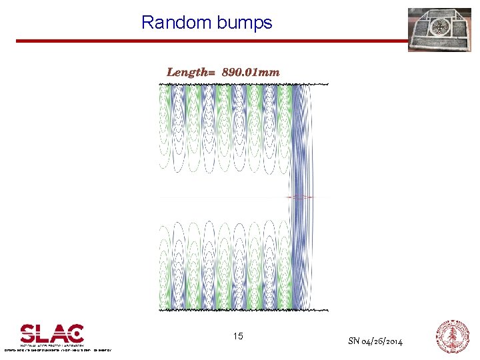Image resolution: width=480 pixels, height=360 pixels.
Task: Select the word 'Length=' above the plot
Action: [191, 72]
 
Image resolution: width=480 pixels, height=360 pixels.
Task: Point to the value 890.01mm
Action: [251, 72]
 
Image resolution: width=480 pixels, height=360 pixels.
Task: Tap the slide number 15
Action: [238, 337]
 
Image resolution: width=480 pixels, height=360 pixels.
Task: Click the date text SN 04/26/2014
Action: [375, 341]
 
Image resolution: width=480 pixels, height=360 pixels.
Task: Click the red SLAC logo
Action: [52, 333]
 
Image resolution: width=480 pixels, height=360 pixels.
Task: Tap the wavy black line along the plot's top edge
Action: [243, 85]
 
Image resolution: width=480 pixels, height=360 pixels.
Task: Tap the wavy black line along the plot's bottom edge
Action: [243, 309]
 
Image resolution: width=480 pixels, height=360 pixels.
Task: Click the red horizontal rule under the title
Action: [207, 41]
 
